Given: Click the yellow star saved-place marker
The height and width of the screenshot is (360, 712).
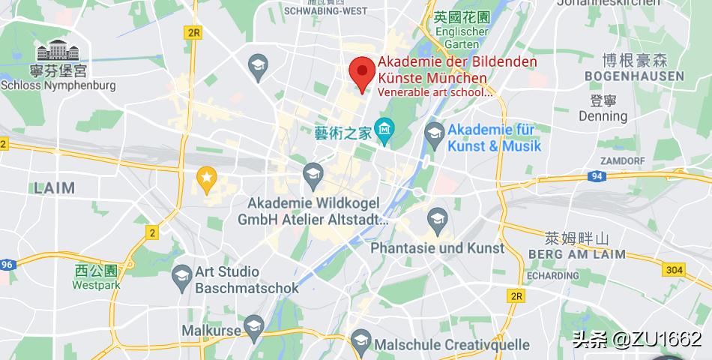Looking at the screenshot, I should (x=206, y=177).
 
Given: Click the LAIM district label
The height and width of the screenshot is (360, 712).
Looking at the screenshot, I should (x=54, y=187).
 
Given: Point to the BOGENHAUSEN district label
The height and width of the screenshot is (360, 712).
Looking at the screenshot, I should (x=634, y=76).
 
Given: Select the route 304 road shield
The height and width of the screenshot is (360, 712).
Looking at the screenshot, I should (x=674, y=270).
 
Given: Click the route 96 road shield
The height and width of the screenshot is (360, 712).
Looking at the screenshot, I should (x=7, y=264).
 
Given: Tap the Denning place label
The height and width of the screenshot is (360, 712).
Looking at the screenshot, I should (x=603, y=116).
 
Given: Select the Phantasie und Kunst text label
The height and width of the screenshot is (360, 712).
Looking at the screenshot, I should (x=438, y=247).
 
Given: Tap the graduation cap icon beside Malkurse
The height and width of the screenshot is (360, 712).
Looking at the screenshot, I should (x=254, y=326).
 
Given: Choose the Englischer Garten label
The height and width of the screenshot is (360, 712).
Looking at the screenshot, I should (x=462, y=37).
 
